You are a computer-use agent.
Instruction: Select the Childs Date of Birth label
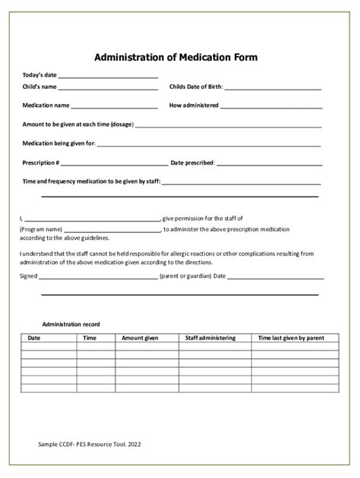(196, 88)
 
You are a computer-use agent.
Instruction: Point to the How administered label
(194, 105)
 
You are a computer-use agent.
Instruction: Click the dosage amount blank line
(228, 125)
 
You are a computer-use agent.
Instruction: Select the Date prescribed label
(193, 162)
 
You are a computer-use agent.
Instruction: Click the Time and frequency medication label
(91, 181)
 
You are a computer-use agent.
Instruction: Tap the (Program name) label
(40, 228)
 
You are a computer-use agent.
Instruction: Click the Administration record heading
(71, 324)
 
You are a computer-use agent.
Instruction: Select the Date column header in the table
(34, 338)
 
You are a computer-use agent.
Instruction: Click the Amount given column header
(140, 338)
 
